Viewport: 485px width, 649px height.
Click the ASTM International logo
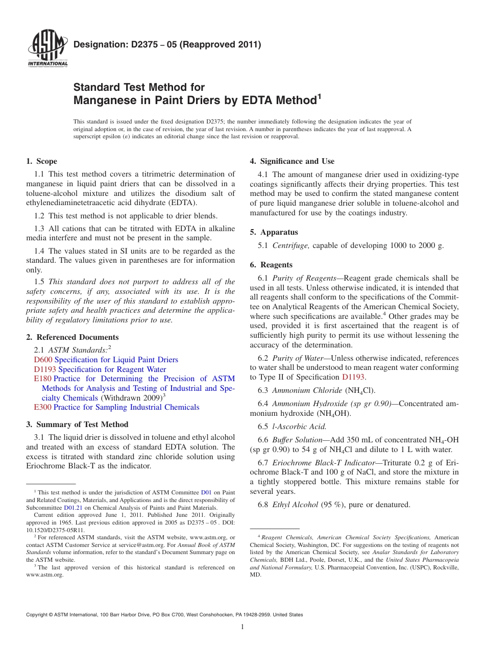pyautogui.click(x=47, y=49)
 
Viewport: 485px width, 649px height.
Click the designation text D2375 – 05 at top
pyautogui.click(x=167, y=44)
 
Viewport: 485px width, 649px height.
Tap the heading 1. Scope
pyautogui.click(x=41, y=161)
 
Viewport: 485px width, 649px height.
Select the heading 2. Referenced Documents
pyautogui.click(x=72, y=337)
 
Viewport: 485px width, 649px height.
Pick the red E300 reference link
pyautogui.click(x=42, y=407)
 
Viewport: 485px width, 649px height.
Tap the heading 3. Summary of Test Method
pyautogui.click(x=77, y=425)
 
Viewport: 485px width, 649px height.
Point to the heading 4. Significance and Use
pyautogui.click(x=292, y=161)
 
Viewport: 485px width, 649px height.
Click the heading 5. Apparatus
pyautogui.click(x=274, y=232)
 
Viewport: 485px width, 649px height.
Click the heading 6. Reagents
pyautogui.click(x=271, y=265)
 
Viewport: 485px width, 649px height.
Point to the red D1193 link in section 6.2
pyautogui.click(x=353, y=377)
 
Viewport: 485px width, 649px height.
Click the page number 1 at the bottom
pyautogui.click(x=243, y=627)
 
